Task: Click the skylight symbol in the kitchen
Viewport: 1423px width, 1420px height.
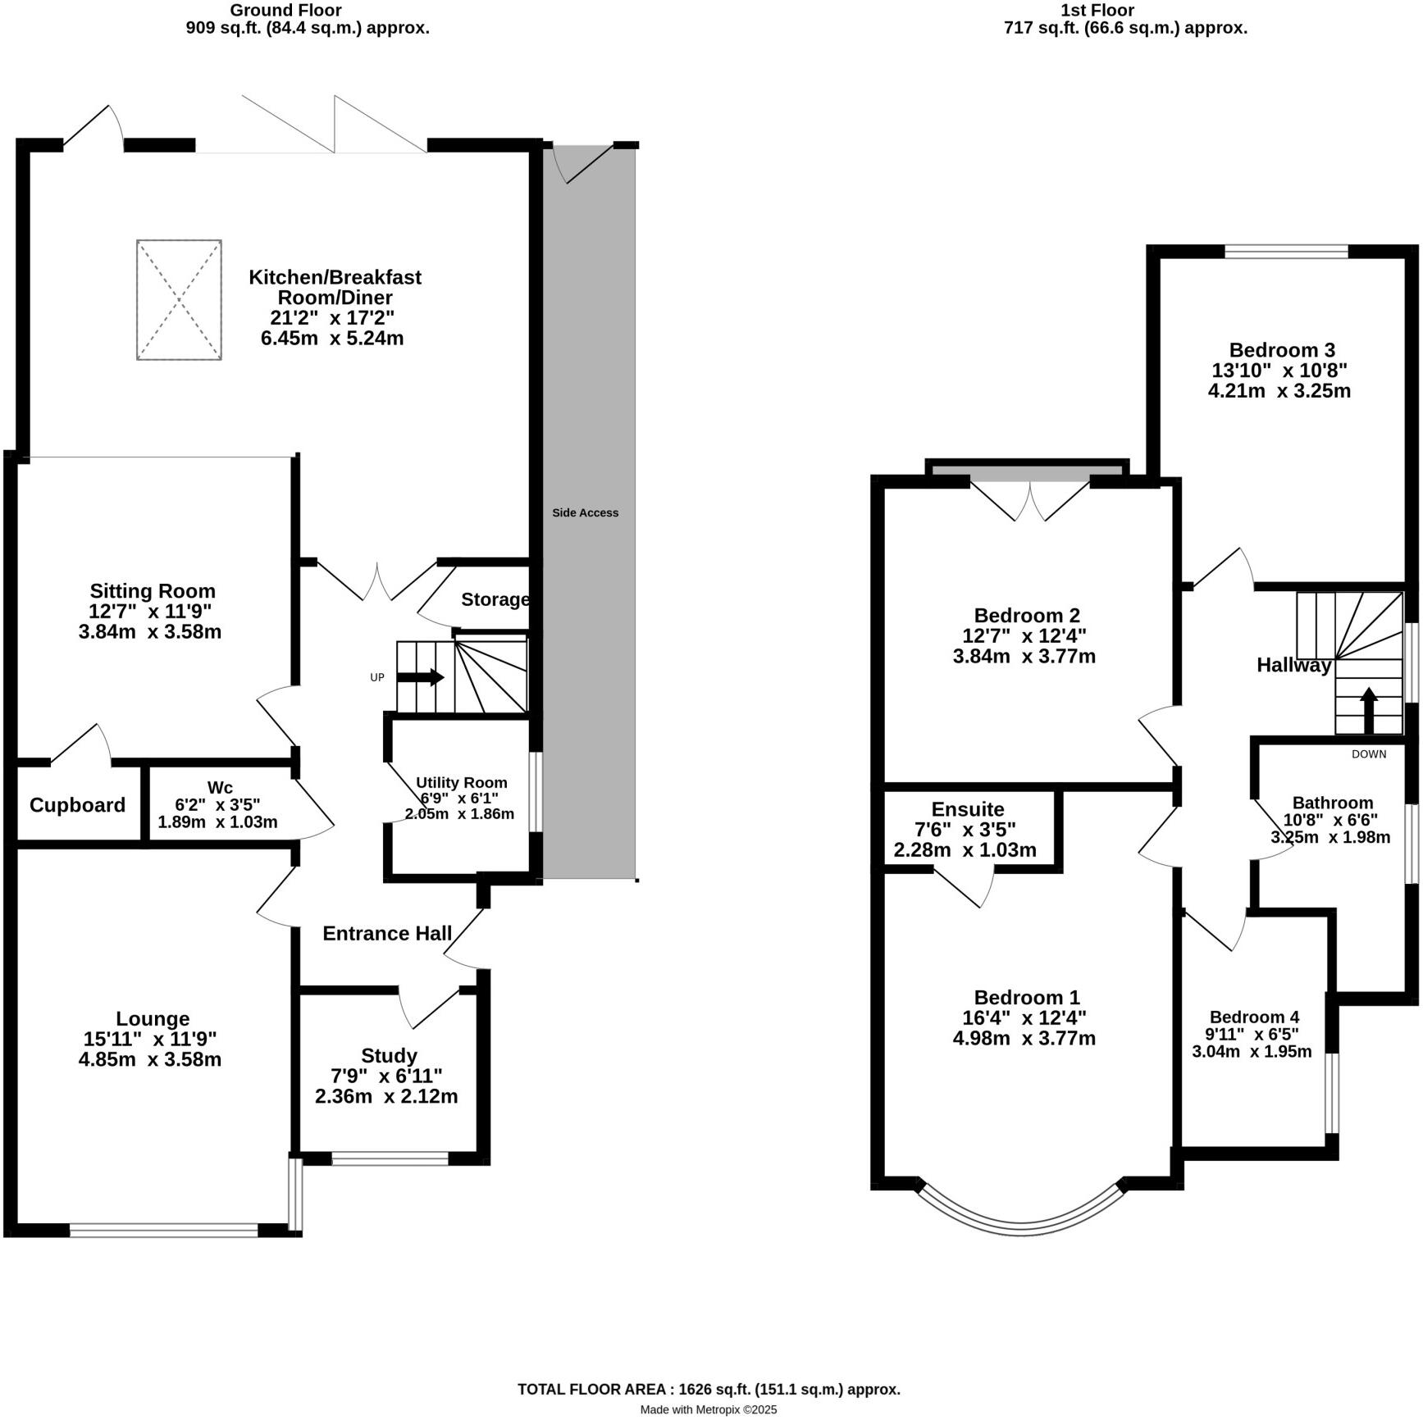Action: [x=179, y=299]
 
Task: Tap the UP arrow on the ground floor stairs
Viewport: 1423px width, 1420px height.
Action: [x=421, y=677]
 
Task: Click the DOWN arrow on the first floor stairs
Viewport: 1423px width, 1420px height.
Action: [x=1368, y=710]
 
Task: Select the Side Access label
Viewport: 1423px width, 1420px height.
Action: [x=585, y=512]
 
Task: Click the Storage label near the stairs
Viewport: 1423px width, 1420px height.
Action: [x=495, y=599]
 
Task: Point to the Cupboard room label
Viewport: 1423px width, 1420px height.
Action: [x=77, y=805]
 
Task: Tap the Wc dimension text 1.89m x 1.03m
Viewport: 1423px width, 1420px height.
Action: [x=217, y=822]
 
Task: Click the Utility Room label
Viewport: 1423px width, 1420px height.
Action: [x=461, y=782]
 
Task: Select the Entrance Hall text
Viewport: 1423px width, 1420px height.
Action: [x=387, y=933]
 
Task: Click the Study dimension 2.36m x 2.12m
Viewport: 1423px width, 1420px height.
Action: [x=386, y=1095]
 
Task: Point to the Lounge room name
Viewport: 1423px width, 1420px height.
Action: [x=153, y=1018]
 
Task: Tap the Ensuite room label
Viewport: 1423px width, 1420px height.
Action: [x=967, y=809]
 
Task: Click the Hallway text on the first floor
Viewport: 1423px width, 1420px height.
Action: [x=1293, y=665]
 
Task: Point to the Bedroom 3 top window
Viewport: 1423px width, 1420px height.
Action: [x=1285, y=251]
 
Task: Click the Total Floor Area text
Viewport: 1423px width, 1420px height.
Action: [x=709, y=1389]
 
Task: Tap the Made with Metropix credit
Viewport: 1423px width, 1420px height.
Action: [x=708, y=1409]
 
